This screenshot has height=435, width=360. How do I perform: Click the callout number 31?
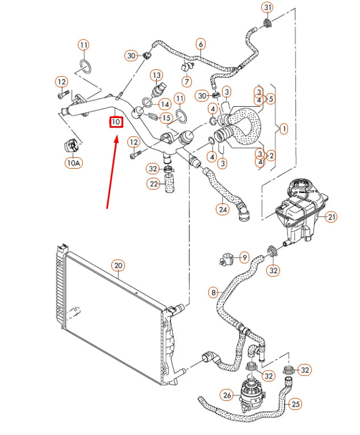click(267, 7)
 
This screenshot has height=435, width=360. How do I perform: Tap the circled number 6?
click(200, 43)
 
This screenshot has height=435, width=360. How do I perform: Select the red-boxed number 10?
click(116, 122)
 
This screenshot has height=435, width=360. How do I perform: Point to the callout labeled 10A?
click(73, 163)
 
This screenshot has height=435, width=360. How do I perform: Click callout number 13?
click(156, 75)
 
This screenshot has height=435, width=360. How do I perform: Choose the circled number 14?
click(165, 104)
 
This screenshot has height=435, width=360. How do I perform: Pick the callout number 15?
click(165, 118)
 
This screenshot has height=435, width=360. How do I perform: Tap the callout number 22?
click(154, 184)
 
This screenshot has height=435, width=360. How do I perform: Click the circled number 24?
click(222, 209)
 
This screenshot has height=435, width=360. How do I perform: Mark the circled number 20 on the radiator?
click(118, 265)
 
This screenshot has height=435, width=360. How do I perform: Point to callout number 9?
click(244, 257)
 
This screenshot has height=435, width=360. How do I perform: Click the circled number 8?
click(214, 292)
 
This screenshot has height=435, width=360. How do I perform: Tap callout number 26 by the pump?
click(227, 395)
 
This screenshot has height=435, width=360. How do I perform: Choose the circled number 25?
click(295, 404)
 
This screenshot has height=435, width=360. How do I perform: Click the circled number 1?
click(283, 129)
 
